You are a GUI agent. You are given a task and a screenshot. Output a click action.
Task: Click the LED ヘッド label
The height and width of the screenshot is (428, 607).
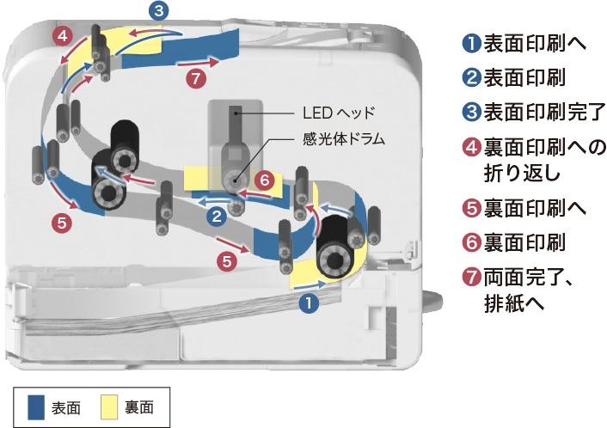339,113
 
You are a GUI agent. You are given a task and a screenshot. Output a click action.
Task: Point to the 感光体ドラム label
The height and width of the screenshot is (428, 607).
344,138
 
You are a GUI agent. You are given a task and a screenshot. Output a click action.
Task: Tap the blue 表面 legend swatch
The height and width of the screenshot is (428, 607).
36,407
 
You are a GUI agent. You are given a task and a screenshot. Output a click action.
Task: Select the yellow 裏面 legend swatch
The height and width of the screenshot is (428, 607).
109,407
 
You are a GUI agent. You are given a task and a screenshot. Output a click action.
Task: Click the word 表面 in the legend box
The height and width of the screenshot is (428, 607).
66,408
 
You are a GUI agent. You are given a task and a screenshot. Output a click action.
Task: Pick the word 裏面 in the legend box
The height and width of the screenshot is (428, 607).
139,408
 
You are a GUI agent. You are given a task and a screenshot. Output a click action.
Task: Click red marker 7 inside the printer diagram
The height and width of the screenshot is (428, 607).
196,78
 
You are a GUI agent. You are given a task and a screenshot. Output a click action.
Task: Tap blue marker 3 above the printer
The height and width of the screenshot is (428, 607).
159,10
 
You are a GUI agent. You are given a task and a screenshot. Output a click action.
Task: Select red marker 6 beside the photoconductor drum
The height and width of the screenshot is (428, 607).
265,180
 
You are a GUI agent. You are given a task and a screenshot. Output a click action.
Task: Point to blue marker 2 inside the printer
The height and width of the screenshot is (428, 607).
217,216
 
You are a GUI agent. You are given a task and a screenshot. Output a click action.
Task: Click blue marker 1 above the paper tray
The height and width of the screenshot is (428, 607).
310,303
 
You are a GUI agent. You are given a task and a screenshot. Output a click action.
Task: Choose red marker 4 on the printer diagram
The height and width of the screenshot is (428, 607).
63,36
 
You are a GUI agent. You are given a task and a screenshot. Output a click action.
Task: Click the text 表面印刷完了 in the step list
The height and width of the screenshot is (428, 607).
545,112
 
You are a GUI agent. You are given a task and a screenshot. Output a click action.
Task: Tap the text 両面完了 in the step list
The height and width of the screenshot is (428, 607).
524,277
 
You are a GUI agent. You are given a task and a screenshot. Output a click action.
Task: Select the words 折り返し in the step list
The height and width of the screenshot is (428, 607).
523,172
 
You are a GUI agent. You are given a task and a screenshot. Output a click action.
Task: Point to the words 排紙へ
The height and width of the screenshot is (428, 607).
514,303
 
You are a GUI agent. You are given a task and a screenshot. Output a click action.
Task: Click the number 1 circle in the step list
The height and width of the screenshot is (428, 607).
472,43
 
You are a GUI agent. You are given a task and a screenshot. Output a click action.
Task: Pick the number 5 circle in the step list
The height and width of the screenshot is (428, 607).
472,209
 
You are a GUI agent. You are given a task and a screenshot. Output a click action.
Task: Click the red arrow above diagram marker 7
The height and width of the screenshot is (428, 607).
198,62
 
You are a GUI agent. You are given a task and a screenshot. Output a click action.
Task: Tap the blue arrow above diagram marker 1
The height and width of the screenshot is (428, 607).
310,285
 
